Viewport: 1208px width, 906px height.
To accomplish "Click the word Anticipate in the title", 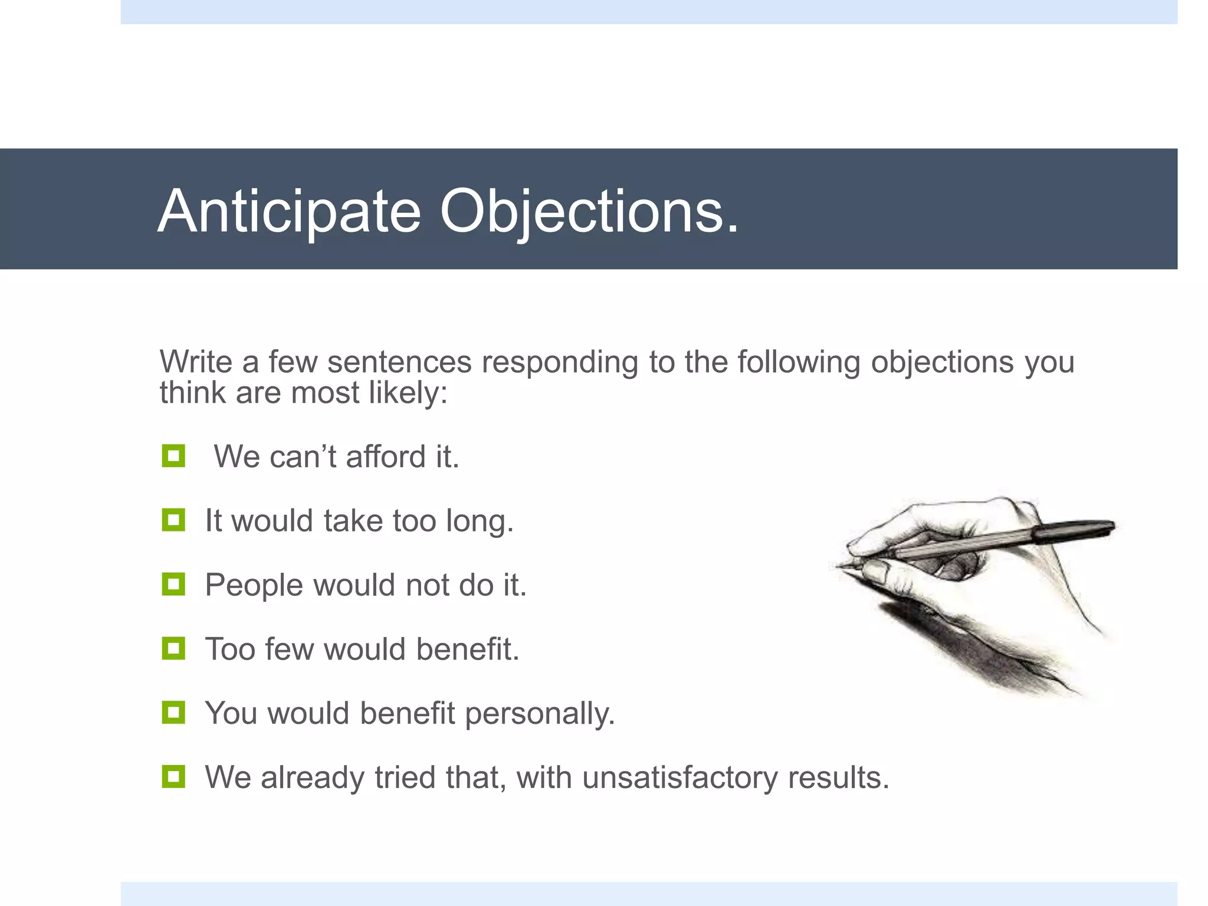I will point(289,211).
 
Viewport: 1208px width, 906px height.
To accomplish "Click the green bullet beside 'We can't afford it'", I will point(173,456).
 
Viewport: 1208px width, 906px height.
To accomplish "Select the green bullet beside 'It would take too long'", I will point(173,520).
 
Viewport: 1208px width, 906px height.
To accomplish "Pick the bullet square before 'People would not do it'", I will point(173,585).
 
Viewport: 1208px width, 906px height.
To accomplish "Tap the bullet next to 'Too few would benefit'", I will point(173,649).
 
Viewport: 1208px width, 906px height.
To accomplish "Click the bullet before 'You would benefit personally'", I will point(173,713).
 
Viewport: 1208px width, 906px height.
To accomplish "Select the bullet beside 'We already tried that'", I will point(173,777).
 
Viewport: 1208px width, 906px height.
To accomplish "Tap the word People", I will point(254,586).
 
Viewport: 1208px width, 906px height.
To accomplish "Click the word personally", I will point(540,714).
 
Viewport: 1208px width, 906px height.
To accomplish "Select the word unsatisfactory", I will point(679,777).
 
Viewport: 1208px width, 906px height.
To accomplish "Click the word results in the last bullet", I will point(838,777).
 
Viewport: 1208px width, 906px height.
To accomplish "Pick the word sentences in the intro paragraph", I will point(399,362).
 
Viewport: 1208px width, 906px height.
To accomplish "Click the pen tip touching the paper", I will point(839,567).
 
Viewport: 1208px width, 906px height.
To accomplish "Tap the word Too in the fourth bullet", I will point(229,649).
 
